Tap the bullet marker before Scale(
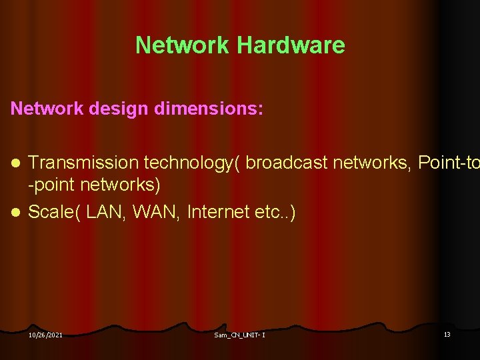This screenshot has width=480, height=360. pos(19,213)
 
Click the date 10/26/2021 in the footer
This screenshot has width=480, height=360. pos(46,335)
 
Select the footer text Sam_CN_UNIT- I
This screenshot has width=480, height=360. pos(240,335)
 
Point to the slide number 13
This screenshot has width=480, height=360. pos(447,334)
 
